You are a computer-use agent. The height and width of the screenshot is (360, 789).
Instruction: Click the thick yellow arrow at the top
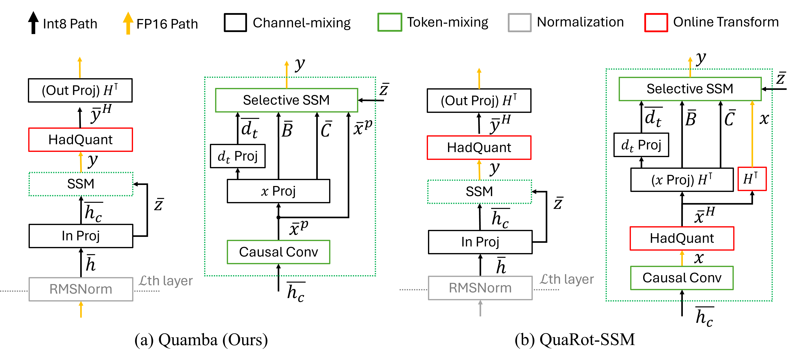tap(128, 23)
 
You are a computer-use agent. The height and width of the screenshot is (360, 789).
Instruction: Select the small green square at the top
tap(390, 22)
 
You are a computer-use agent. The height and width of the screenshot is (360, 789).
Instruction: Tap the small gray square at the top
tap(519, 22)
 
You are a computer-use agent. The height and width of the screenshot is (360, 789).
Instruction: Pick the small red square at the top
tap(656, 22)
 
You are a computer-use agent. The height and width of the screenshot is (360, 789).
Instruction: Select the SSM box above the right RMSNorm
tap(479, 192)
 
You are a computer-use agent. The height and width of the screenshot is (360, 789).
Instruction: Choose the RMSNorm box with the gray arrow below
tap(480, 288)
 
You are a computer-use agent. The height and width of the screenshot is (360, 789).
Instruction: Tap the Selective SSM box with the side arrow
tap(690, 89)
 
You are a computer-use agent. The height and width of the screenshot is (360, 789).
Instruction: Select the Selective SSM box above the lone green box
tap(286, 100)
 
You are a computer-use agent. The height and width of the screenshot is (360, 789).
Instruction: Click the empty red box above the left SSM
tap(81, 140)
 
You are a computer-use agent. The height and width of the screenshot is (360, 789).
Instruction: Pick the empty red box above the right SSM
tap(479, 148)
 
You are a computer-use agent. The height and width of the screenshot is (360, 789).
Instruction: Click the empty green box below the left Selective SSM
tap(278, 252)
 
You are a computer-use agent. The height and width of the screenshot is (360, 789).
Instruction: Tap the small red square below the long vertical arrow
tap(752, 179)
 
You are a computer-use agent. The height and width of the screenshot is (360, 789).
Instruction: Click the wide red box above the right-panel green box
tap(682, 238)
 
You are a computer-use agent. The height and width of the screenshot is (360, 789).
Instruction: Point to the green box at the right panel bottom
tap(682, 278)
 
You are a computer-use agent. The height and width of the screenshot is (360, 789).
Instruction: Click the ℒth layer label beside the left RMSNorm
tap(166, 281)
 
